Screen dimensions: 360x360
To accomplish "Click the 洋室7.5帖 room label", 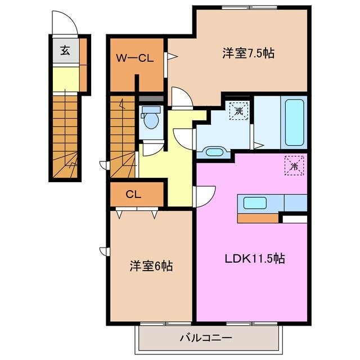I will click(x=247, y=54).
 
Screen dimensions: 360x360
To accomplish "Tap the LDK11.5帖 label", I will click(x=255, y=259).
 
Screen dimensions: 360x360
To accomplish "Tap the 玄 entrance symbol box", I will click(x=65, y=51).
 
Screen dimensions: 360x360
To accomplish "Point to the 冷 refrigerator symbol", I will click(x=294, y=165).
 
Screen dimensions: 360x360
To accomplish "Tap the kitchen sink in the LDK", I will click(x=255, y=203).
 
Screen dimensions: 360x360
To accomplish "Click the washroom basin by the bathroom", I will click(x=214, y=151).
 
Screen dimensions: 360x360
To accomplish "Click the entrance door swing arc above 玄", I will click(x=64, y=24).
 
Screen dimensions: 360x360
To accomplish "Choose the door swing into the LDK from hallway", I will click(x=205, y=196).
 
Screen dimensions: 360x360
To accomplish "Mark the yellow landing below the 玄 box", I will click(x=65, y=79).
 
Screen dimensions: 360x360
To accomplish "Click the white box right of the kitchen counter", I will click(x=293, y=218).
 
